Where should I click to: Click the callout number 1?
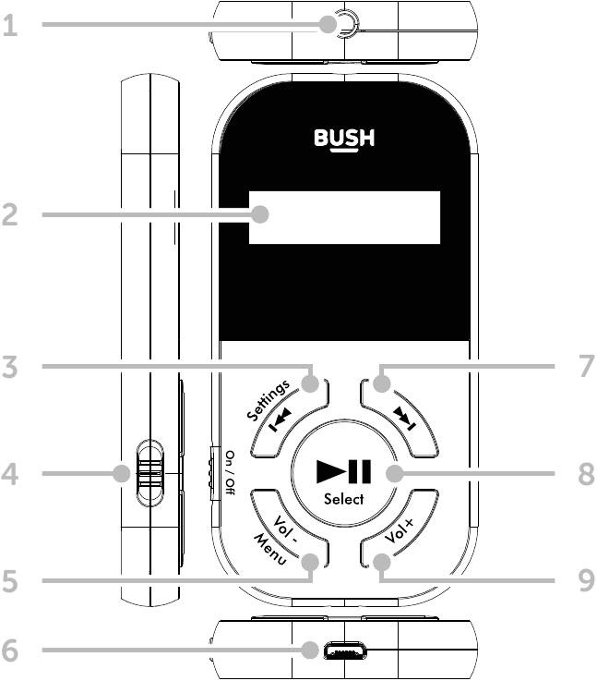pyautogui.click(x=11, y=26)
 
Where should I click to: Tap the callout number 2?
pyautogui.click(x=11, y=215)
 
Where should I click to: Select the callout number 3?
pyautogui.click(x=11, y=368)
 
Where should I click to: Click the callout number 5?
pyautogui.click(x=11, y=582)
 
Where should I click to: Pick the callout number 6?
pyautogui.click(x=11, y=651)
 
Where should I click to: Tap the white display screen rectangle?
pyautogui.click(x=344, y=218)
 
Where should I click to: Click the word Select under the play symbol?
pyautogui.click(x=343, y=500)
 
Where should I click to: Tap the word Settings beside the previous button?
pyautogui.click(x=269, y=398)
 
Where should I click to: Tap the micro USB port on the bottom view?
pyautogui.click(x=342, y=653)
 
